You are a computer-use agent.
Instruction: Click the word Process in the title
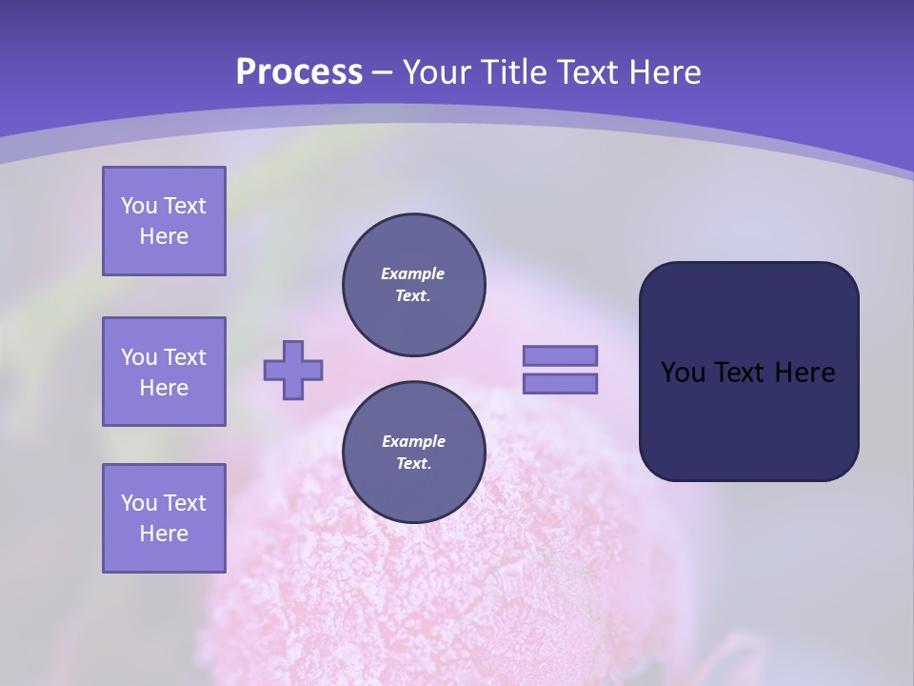tap(299, 72)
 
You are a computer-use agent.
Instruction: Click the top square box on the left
tap(164, 221)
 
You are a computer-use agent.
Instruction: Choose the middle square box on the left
tap(164, 372)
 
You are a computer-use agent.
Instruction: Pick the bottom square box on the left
tap(164, 518)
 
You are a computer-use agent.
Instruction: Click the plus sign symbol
tap(293, 370)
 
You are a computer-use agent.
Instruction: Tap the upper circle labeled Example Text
tap(413, 285)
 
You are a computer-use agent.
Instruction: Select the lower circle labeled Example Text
tap(413, 453)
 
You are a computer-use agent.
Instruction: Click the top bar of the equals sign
tap(560, 355)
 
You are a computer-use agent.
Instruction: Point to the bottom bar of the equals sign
tap(560, 384)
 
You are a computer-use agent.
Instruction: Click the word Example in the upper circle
tap(413, 273)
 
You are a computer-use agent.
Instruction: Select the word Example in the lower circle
tap(413, 441)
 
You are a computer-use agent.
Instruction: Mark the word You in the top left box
tap(139, 206)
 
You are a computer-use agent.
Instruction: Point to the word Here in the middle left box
tap(164, 388)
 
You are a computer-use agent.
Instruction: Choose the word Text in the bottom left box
tap(185, 503)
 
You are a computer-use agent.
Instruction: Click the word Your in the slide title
tap(435, 72)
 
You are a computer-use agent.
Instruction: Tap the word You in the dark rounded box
tap(683, 373)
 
